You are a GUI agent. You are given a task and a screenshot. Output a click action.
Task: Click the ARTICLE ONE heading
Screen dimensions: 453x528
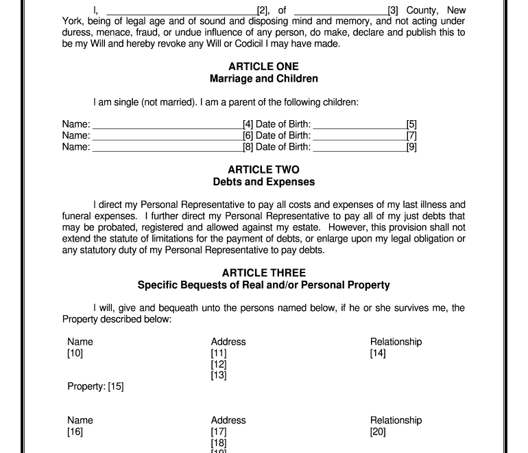point(263,67)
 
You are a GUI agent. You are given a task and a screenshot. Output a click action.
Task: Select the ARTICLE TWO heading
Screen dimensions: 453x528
point(263,170)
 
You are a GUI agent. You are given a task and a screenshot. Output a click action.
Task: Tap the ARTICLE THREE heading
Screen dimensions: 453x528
point(263,272)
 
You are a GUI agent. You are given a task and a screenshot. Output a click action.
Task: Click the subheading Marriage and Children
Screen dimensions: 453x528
point(263,79)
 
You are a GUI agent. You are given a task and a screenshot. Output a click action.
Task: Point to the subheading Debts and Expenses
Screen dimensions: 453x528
point(263,182)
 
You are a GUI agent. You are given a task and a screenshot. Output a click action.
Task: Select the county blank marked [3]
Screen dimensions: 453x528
point(340,12)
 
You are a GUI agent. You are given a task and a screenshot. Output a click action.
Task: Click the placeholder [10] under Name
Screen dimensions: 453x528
point(75,353)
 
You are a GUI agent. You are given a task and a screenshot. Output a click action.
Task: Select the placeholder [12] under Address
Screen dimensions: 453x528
point(219,364)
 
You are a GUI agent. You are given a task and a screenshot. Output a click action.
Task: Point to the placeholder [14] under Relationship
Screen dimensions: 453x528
point(378,353)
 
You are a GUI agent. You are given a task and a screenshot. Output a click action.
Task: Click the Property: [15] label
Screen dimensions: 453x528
point(95,386)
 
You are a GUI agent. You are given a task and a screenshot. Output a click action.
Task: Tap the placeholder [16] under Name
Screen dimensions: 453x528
point(75,432)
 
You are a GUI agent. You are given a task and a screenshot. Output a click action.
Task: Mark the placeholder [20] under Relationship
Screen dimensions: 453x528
point(378,432)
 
